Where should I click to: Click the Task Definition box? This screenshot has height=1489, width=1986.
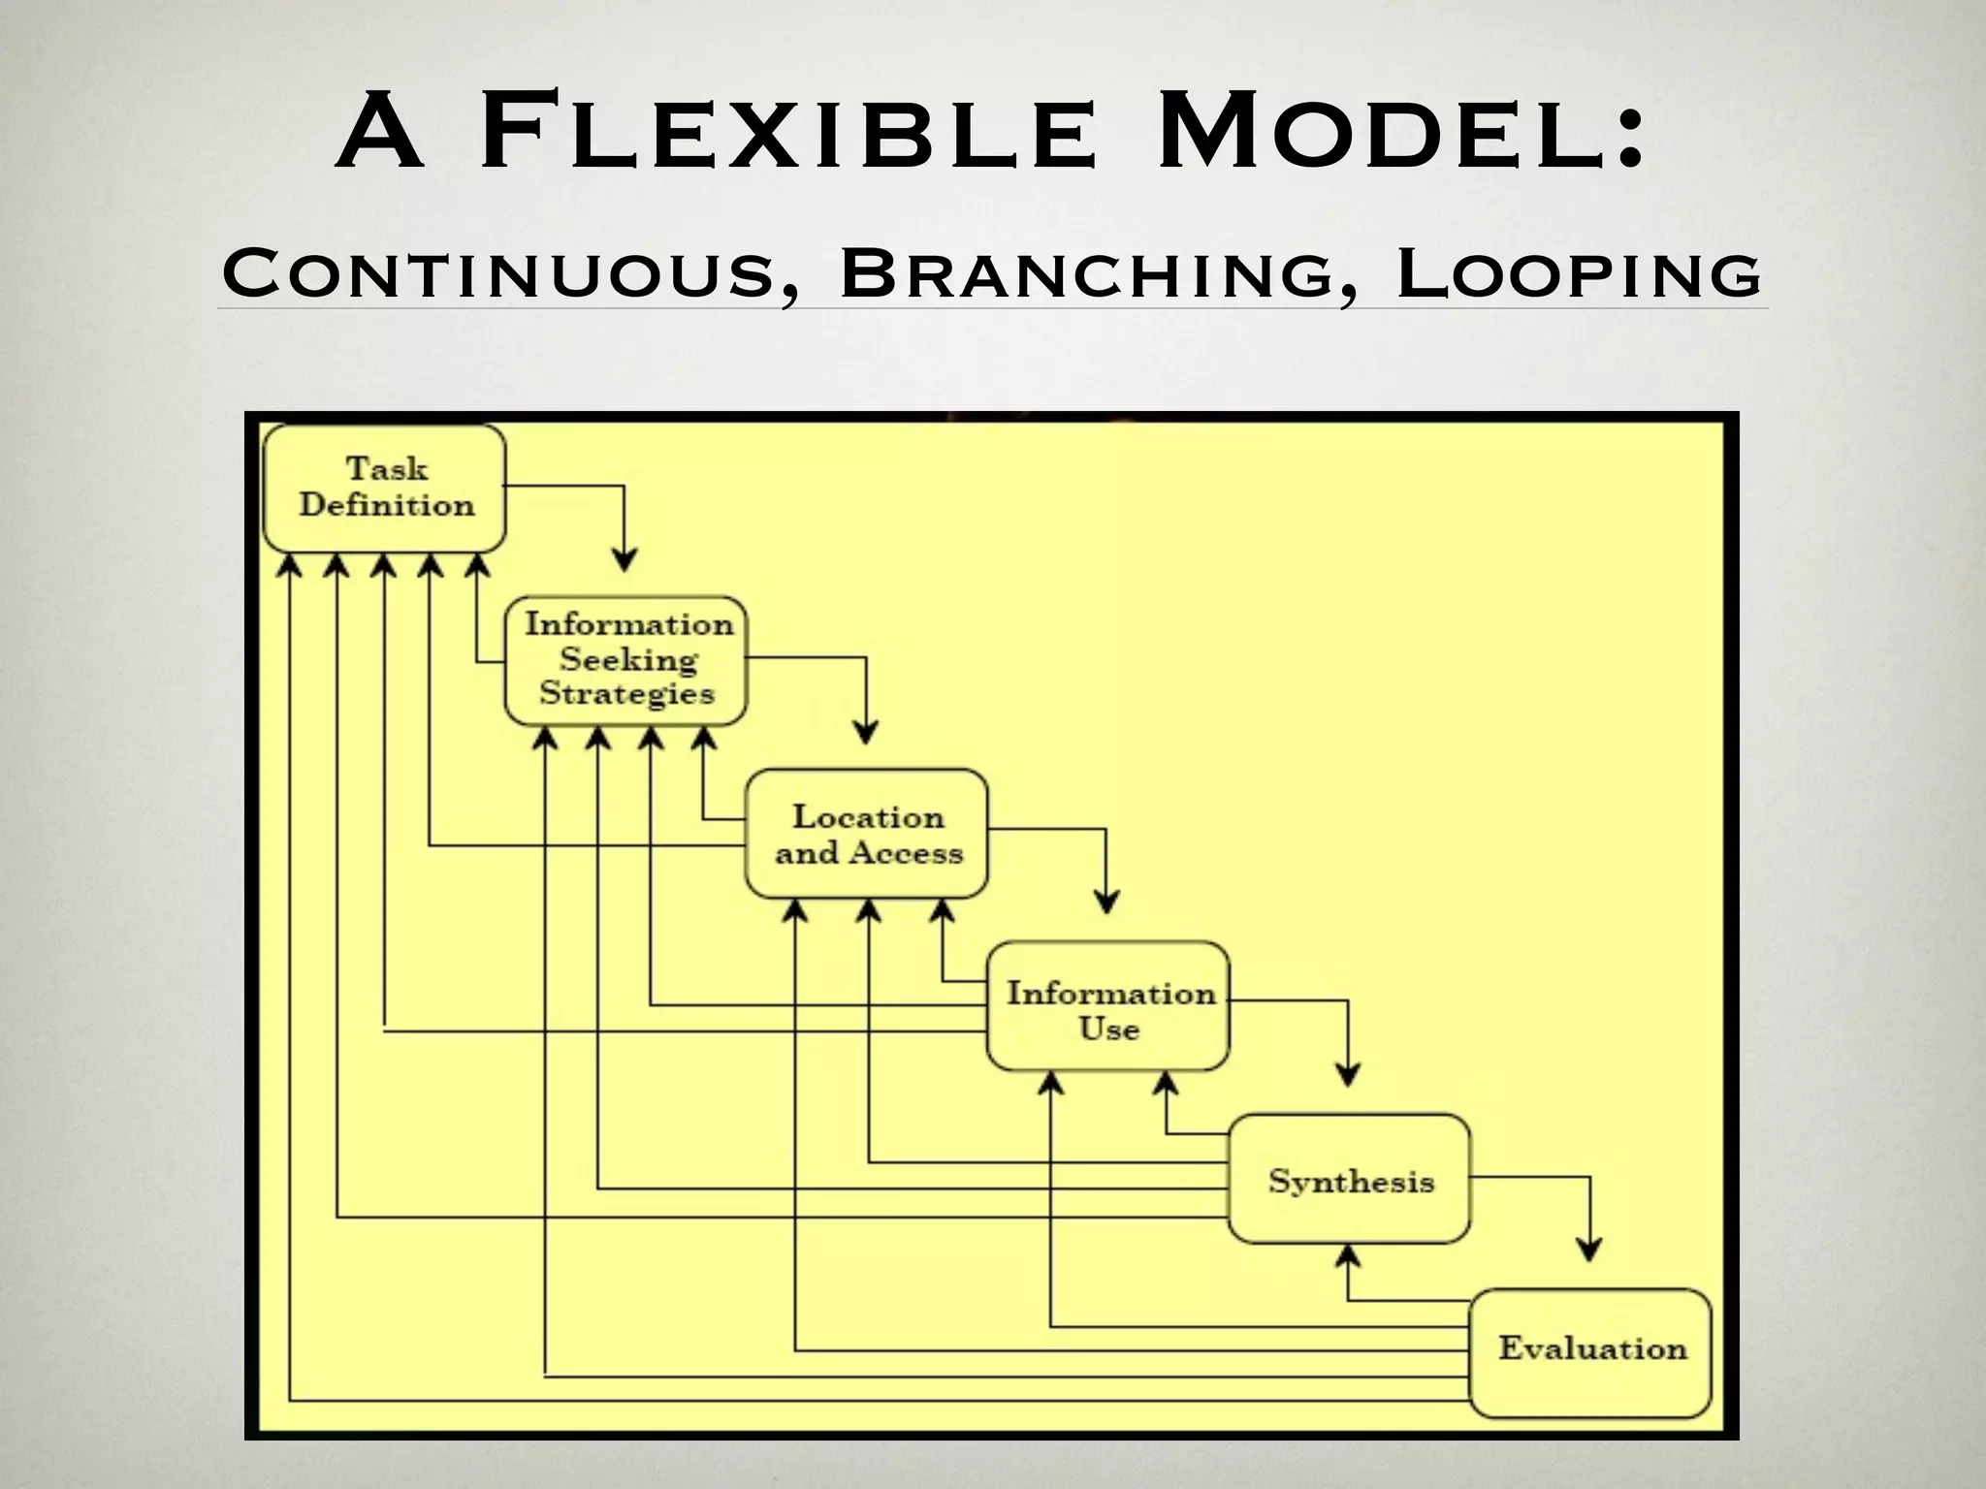click(x=385, y=489)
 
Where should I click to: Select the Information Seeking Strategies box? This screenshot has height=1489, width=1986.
click(x=626, y=660)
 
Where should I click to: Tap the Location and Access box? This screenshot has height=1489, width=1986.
click(x=867, y=835)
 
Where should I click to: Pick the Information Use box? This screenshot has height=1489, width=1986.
click(x=1108, y=1007)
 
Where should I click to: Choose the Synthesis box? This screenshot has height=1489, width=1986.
click(x=1350, y=1180)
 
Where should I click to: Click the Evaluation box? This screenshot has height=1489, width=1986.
click(x=1591, y=1350)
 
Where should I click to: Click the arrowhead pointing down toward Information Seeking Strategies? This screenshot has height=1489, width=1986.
click(x=625, y=559)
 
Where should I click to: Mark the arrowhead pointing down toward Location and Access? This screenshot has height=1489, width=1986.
click(x=866, y=732)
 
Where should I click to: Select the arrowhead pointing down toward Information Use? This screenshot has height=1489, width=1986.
click(x=1106, y=902)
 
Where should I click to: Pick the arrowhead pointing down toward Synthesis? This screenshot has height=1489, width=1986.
click(x=1348, y=1074)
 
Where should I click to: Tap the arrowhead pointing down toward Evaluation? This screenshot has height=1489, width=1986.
click(x=1588, y=1249)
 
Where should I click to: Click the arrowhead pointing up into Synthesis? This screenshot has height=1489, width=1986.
click(x=1348, y=1256)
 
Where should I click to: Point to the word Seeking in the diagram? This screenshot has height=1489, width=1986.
click(x=628, y=660)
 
